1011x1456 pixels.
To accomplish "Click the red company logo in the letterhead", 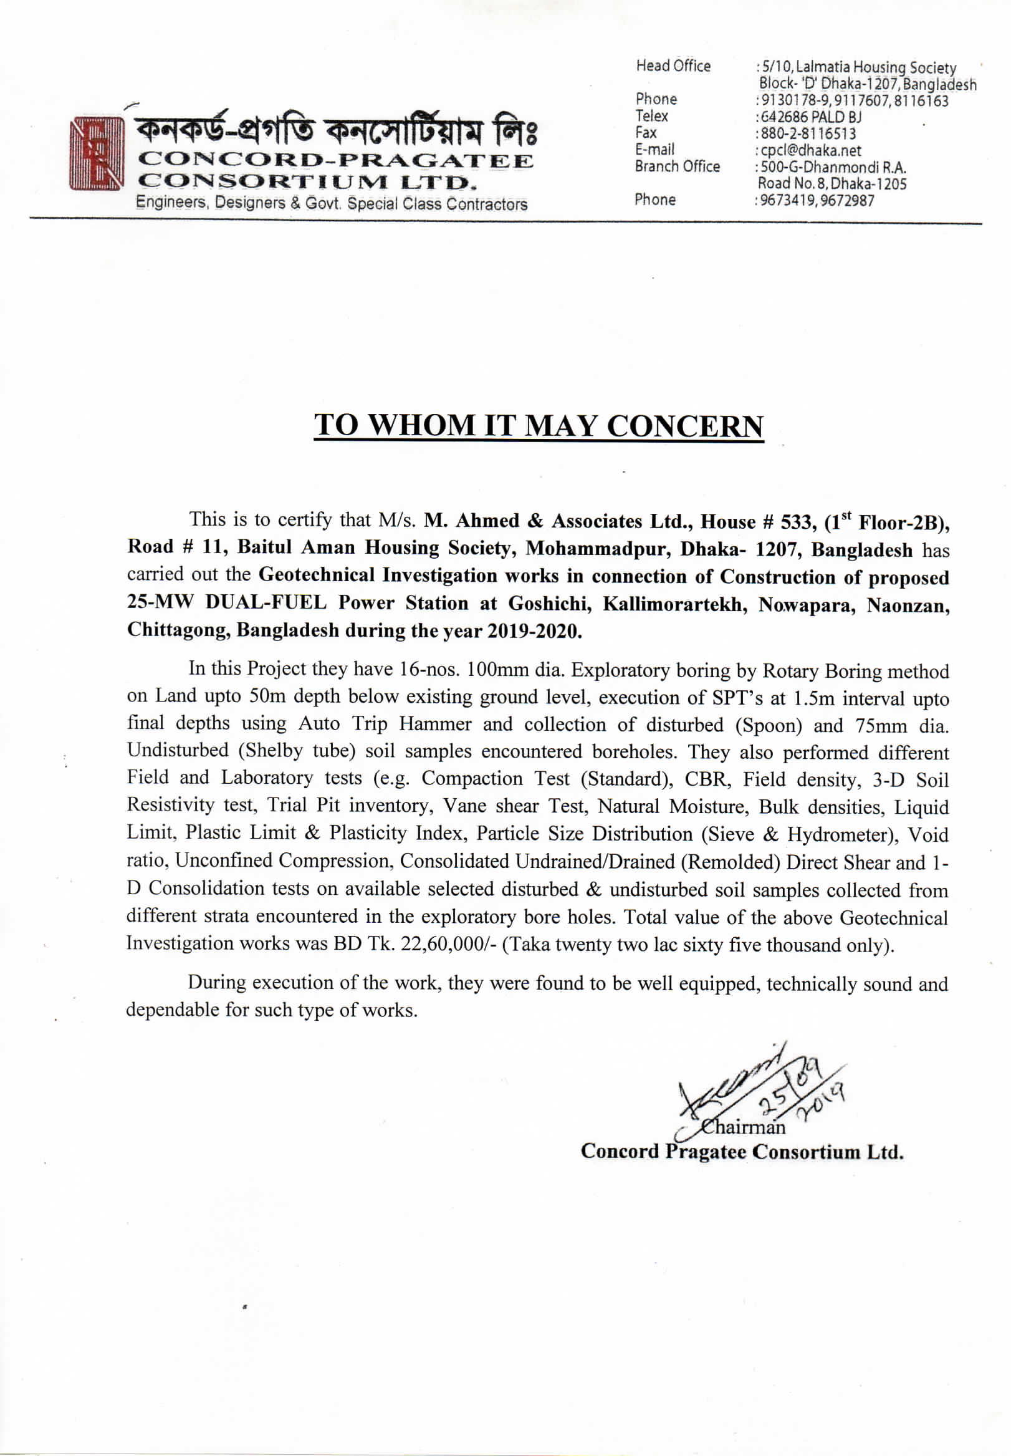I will [x=95, y=153].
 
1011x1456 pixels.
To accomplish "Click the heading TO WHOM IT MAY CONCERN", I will [x=539, y=426].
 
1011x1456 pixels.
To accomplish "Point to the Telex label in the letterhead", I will [x=651, y=116].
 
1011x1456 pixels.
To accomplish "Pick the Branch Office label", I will [x=677, y=166].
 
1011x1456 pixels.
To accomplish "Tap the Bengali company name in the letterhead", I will [x=336, y=131].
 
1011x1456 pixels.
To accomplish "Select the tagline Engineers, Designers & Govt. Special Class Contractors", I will [x=332, y=204].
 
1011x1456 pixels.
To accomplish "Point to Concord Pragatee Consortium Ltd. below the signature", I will [x=741, y=1152].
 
